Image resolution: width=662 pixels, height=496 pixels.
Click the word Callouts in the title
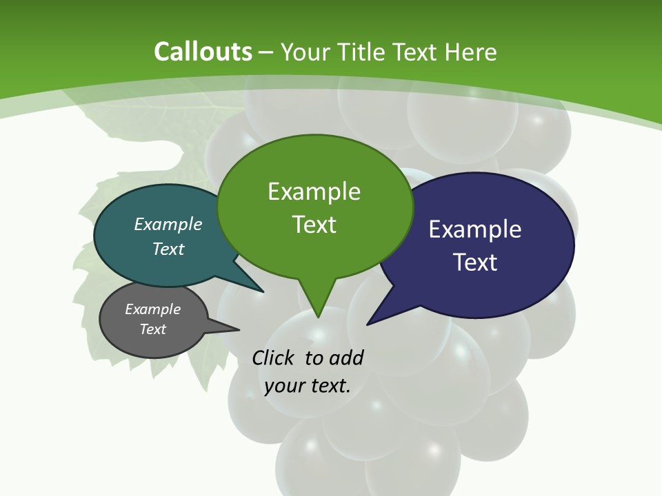coord(203,52)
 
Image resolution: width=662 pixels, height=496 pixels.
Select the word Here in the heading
coord(471,52)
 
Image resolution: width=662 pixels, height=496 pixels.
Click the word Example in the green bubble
coord(314,192)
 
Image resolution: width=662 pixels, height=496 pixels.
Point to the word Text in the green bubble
coord(314,225)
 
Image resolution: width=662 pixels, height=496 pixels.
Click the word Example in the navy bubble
coord(475,229)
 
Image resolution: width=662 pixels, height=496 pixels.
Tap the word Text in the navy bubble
coord(475,262)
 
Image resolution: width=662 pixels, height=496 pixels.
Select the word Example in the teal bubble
coord(168,224)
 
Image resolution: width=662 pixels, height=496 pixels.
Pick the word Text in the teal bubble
coord(168,249)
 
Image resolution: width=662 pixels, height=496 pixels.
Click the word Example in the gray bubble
coord(153,309)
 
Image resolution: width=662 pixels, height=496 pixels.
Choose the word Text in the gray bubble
coord(153,329)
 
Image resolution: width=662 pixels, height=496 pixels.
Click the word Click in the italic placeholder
coord(275,358)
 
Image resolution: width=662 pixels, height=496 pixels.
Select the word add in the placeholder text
coord(345,358)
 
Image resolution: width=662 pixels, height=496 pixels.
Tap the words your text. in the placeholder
coord(308,386)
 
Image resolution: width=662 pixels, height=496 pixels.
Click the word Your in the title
coord(304,52)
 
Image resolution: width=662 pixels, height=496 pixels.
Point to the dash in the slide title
coord(266,52)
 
